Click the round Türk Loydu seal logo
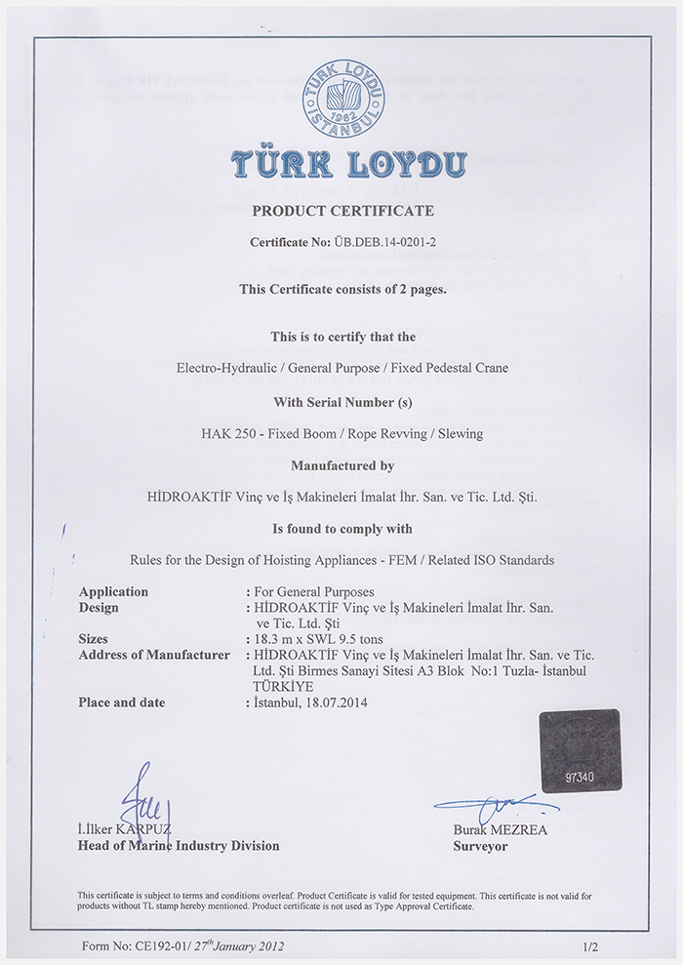pyautogui.click(x=342, y=98)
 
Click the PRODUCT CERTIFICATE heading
pyautogui.click(x=342, y=211)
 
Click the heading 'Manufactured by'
pyautogui.click(x=342, y=465)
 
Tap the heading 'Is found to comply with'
pyautogui.click(x=342, y=529)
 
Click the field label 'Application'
pyautogui.click(x=113, y=592)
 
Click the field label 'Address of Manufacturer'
pyautogui.click(x=153, y=655)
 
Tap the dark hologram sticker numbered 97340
pyautogui.click(x=581, y=750)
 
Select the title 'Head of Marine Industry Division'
pyautogui.click(x=179, y=846)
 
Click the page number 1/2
pyautogui.click(x=589, y=945)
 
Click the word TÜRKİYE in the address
pyautogui.click(x=282, y=685)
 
